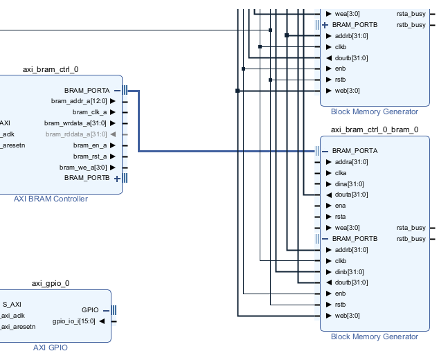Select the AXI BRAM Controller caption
pos(51,199)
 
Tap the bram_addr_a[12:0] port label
pos(79,101)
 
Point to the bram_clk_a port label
pos(89,112)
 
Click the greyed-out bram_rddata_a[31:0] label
pos(76,134)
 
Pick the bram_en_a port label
pos(90,145)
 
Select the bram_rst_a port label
pos(90,156)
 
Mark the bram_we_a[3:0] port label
pos(83,167)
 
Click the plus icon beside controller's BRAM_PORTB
pos(117,178)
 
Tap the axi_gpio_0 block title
pos(51,283)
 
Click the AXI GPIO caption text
pos(51,348)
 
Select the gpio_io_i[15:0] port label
pos(74,321)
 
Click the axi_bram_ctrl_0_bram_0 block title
pos(374,129)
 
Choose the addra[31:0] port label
pos(351,162)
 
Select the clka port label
pos(341,173)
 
